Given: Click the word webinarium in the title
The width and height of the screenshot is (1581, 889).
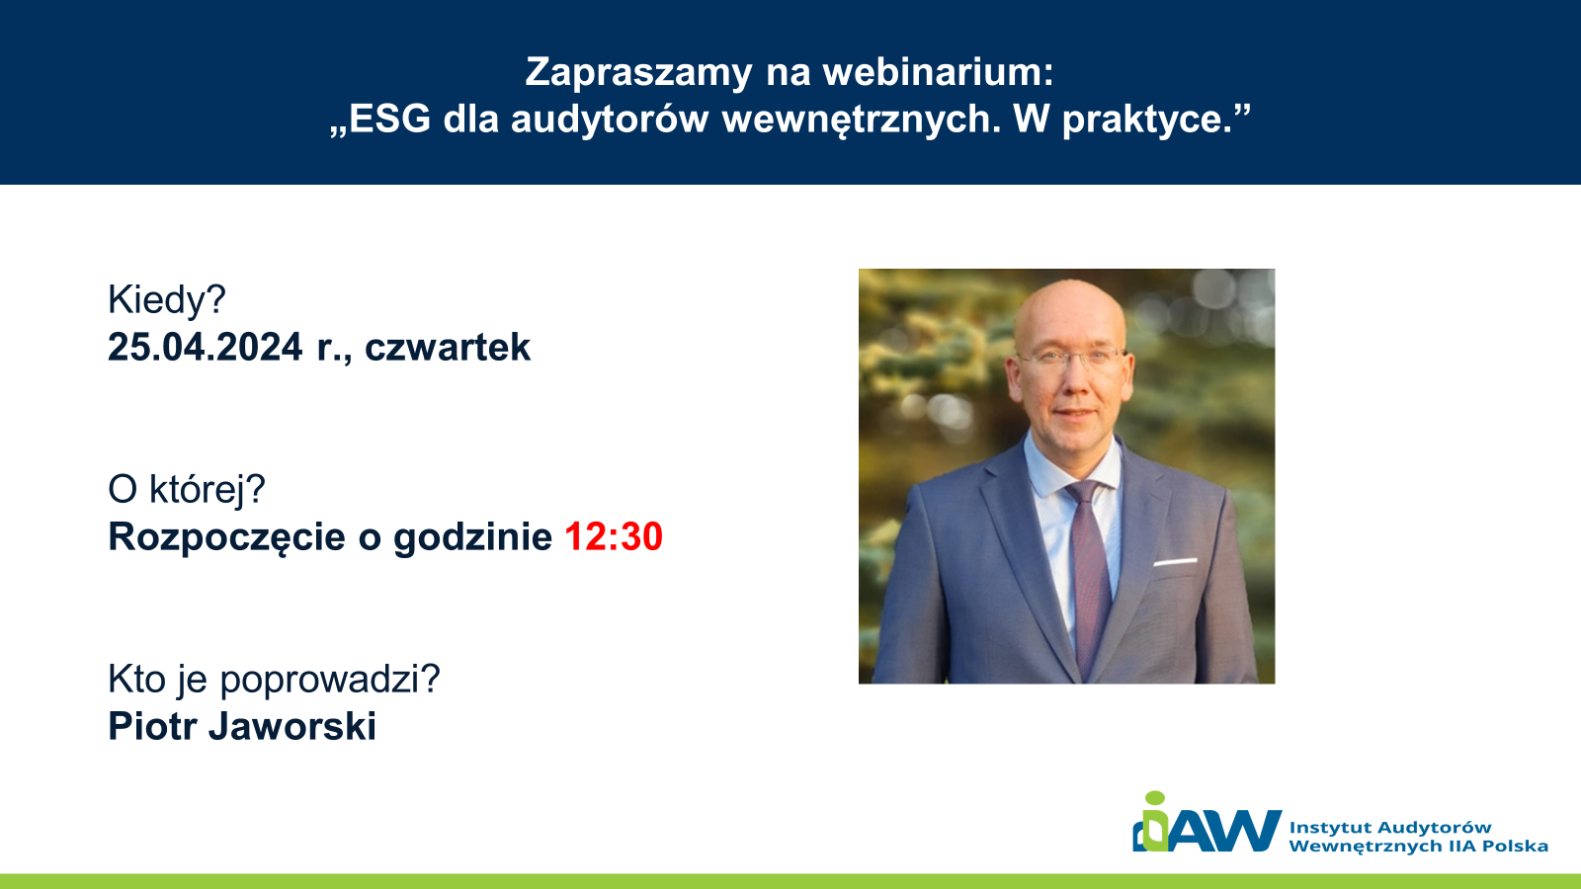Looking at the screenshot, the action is [938, 72].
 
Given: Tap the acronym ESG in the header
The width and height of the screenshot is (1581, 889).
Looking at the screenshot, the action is [389, 119].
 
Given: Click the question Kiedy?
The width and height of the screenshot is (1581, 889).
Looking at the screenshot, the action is [167, 300].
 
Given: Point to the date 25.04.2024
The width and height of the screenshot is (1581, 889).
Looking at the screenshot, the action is [205, 347].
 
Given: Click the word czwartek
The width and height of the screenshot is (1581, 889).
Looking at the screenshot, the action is [448, 347].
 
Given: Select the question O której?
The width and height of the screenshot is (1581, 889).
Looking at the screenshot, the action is [187, 490].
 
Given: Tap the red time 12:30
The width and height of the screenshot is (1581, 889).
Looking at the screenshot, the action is [614, 536].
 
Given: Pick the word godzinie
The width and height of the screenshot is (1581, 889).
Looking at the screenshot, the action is [473, 538].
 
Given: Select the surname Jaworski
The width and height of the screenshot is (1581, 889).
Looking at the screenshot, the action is [292, 727].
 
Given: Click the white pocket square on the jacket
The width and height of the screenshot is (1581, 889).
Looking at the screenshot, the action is [1175, 562].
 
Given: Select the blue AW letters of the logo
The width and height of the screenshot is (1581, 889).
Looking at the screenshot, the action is [1225, 831].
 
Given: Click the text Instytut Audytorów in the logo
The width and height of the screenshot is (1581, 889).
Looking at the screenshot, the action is [1390, 828].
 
